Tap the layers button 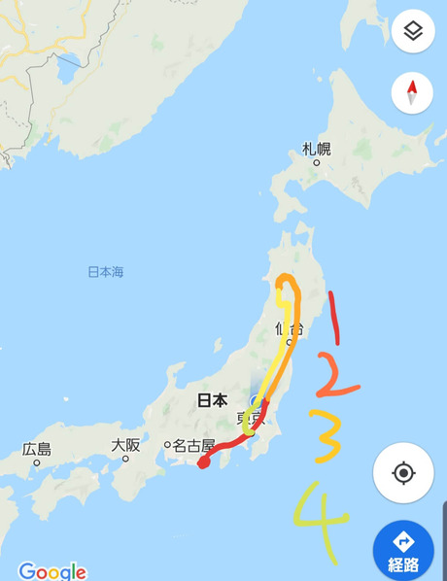coord(413,32)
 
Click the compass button coord(412,93)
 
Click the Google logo coord(52,571)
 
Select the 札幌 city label coord(317,149)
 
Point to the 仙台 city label coord(289,327)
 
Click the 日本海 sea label coord(106,272)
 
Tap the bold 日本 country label coord(212,399)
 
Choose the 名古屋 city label coord(194,446)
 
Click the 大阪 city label coord(125,445)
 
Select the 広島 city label coord(38,449)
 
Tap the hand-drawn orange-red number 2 coord(335,380)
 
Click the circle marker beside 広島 coord(37,462)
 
